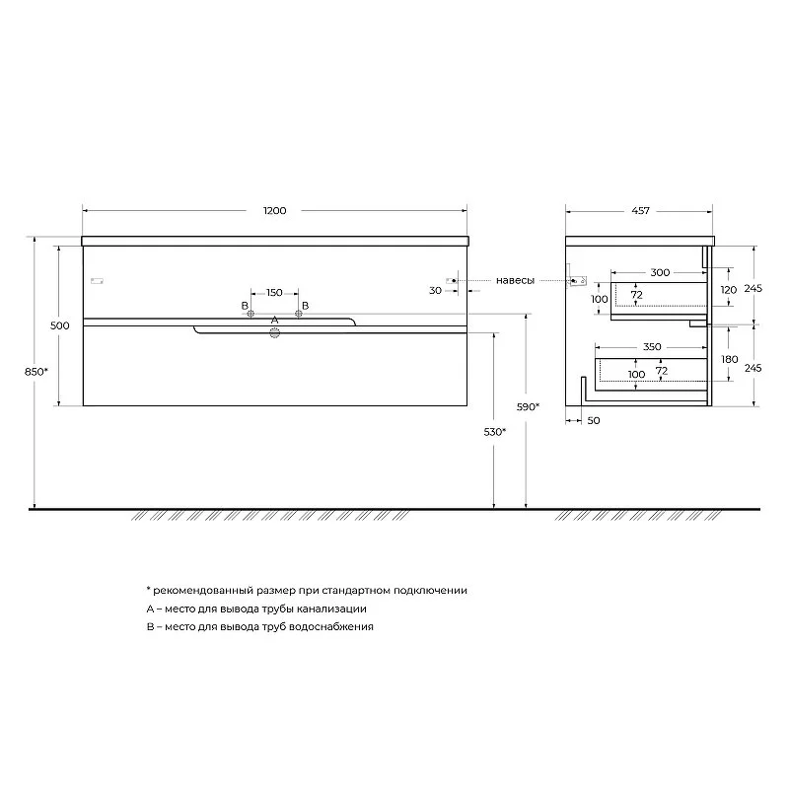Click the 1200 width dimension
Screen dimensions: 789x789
(x=275, y=211)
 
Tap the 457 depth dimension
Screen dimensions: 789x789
(x=640, y=211)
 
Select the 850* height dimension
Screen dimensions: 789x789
(x=36, y=372)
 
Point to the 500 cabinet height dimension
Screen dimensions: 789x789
(x=60, y=325)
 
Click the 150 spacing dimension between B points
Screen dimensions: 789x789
(x=274, y=292)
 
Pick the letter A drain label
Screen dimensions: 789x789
(x=274, y=320)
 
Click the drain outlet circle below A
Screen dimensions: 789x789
(x=275, y=332)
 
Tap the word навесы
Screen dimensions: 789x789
(x=515, y=280)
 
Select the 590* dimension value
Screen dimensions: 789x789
(x=528, y=406)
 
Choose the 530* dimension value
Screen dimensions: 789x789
(x=495, y=432)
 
